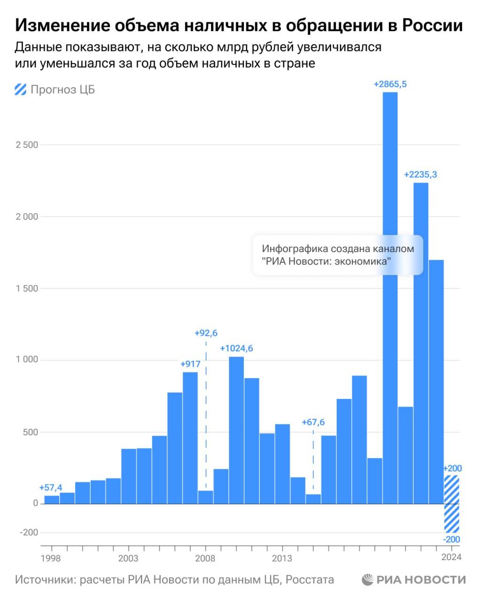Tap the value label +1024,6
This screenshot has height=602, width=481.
coord(237,349)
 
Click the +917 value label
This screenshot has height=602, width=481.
coord(190,364)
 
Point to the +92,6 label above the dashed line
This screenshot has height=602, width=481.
coord(206,333)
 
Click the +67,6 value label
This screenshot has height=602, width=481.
coord(313,422)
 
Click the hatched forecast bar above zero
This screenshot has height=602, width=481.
coord(451,489)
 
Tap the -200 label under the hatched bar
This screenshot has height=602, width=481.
coord(451,539)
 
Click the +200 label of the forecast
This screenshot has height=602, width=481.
coord(452,468)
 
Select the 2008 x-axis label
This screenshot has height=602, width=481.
coord(205,558)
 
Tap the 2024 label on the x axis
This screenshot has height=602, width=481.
coord(451,558)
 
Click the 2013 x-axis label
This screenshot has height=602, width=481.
coord(282,558)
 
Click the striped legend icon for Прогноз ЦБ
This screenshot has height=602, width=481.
coord(21,89)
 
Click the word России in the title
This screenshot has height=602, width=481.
coord(432,25)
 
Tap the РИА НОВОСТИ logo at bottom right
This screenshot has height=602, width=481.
coord(414,579)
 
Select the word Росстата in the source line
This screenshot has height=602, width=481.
coord(310,579)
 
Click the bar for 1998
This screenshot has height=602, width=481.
coord(52,499)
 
